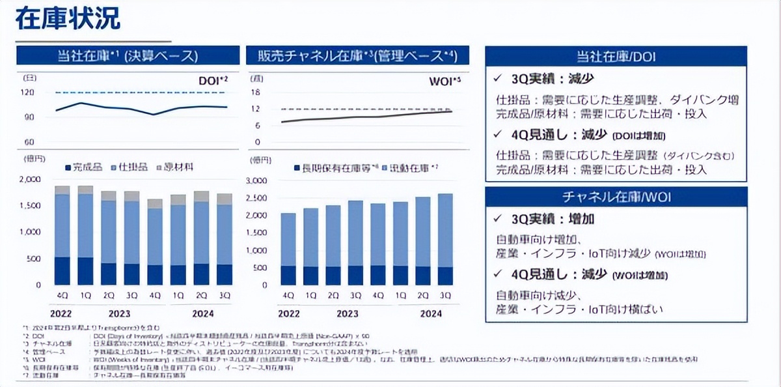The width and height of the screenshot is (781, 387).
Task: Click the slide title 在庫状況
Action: tap(68, 20)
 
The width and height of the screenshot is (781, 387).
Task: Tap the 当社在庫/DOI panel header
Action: tap(615, 56)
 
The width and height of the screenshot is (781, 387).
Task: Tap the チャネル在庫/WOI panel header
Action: tap(615, 197)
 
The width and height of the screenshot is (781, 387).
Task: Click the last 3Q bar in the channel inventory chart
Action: tap(446, 239)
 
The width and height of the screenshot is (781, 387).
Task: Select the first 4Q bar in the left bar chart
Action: tap(62, 235)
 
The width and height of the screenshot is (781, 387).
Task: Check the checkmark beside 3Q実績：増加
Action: tap(499, 218)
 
